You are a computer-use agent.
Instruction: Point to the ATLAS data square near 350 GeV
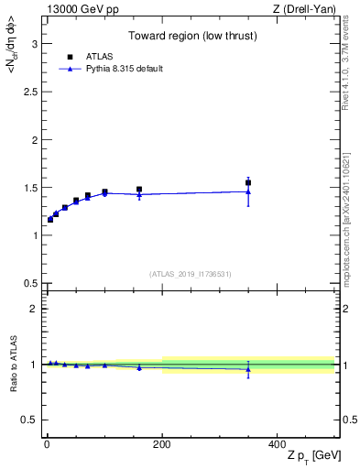coord(248,182)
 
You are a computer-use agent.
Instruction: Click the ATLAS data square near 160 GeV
coord(139,190)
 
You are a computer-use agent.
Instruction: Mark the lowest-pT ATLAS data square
coord(50,220)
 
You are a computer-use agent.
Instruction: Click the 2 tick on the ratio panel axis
coord(34,309)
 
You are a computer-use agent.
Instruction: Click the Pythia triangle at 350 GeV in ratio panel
coord(248,369)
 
